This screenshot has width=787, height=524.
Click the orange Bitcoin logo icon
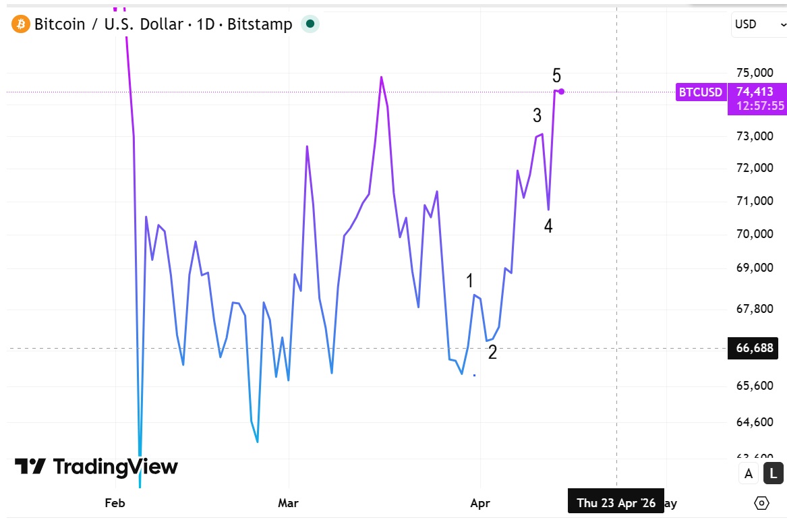point(21,25)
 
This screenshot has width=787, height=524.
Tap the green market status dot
point(310,24)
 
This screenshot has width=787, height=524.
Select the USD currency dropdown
point(755,24)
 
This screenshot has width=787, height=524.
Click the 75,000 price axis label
point(753,73)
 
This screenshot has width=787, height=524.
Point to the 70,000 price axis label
point(753,235)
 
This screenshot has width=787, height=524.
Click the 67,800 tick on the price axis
point(753,308)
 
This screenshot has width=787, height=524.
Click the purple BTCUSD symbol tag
point(701,92)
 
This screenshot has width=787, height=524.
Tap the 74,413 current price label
point(755,92)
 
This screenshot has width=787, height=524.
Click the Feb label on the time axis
point(115,503)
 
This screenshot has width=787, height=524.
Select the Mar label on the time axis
point(288,503)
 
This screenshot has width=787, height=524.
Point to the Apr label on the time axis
point(480,503)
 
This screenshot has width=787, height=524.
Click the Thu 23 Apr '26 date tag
point(616,503)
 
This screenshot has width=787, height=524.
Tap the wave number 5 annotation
point(556,76)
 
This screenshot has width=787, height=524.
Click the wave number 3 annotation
point(537,116)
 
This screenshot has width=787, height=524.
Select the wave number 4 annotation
point(548,227)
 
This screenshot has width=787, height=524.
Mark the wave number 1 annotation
point(470,281)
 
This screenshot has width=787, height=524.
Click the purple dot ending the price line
point(561,92)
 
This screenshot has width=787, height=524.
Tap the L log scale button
point(773,473)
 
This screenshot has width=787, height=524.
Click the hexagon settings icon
point(762,503)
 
